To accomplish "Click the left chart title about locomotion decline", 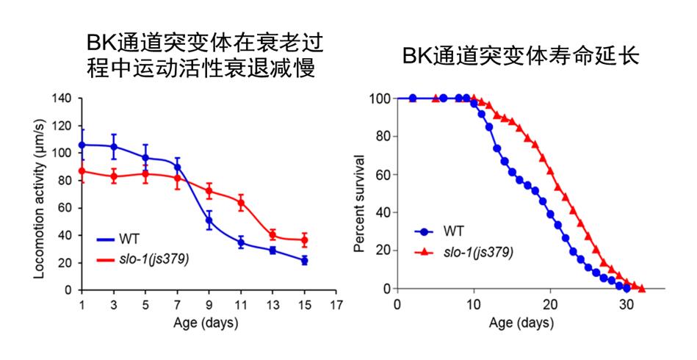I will coord(201,55).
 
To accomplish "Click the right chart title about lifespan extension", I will coord(521,56).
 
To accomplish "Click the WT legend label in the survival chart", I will coord(453,231).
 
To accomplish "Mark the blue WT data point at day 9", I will coord(209,220).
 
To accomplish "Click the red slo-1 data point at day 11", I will coord(241,203).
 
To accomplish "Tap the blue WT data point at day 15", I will coord(304,260).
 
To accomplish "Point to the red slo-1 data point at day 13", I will coord(272,235).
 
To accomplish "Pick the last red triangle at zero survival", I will coord(641,289).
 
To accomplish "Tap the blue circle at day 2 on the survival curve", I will coord(413,98).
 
